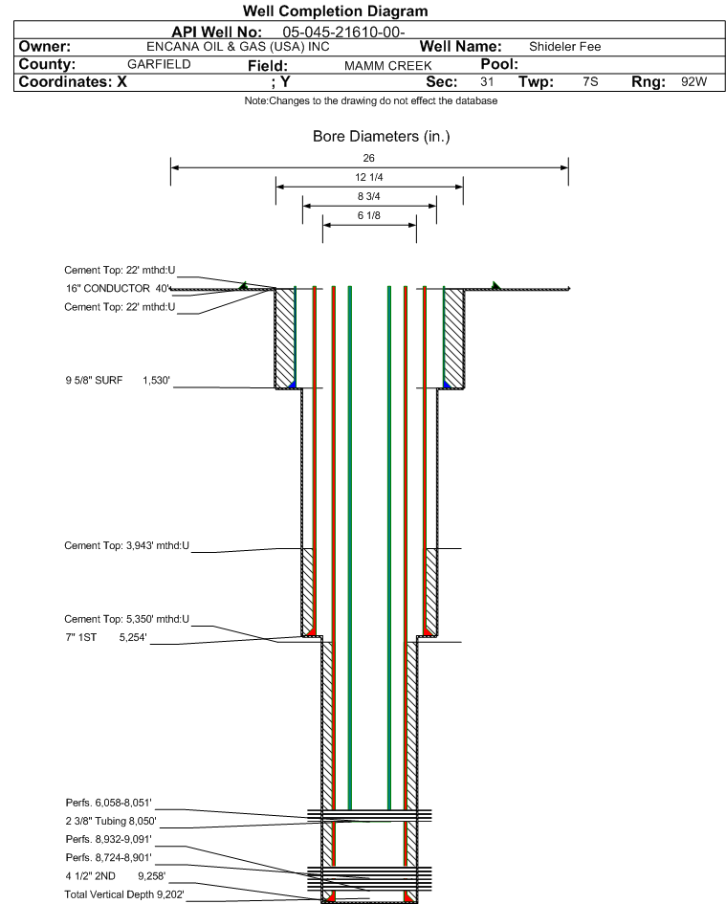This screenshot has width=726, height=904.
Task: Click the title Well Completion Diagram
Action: [x=335, y=11]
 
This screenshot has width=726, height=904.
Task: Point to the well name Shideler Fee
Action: [x=564, y=47]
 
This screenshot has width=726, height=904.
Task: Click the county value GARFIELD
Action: [x=159, y=64]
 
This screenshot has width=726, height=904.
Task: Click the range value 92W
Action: [x=693, y=82]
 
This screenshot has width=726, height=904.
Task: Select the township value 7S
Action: [x=590, y=82]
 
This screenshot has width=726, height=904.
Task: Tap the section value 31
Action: [x=487, y=82]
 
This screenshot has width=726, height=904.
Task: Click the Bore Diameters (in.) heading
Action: [x=381, y=137]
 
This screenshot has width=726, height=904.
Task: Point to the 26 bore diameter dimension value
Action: [x=369, y=158]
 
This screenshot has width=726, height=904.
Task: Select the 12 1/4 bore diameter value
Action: [x=369, y=178]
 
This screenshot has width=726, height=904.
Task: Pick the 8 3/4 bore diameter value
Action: [x=369, y=196]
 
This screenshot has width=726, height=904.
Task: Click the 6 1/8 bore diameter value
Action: [x=369, y=215]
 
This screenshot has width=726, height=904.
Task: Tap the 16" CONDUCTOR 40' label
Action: [x=117, y=288]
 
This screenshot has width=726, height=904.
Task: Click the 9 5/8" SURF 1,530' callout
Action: [x=117, y=381]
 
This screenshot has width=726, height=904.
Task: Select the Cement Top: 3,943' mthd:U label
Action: [x=127, y=545]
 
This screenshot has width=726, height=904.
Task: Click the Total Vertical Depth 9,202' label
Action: [x=123, y=893]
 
